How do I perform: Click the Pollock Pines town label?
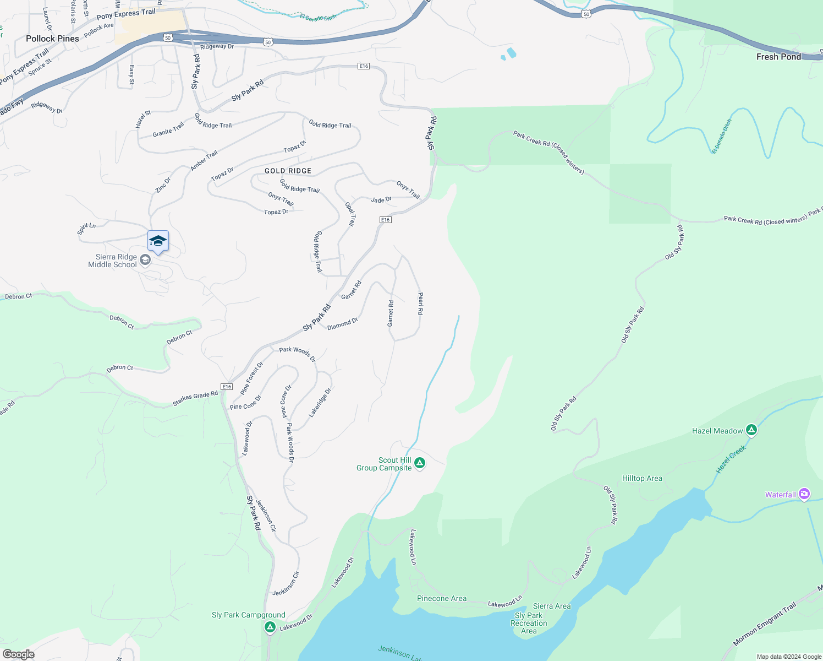pos(52,39)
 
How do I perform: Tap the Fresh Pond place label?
pos(778,57)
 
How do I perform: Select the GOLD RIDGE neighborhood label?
pos(288,171)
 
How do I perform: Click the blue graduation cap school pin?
pos(158,241)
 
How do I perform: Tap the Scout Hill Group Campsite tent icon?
pos(420,463)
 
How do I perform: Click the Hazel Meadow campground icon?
pos(751,430)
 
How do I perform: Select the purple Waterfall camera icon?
pos(804,494)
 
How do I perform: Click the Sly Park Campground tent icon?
pos(270,627)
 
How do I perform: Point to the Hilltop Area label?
pos(642,478)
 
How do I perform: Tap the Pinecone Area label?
pos(441,598)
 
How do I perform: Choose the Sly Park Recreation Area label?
pos(529,623)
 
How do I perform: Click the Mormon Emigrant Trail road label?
pos(764,625)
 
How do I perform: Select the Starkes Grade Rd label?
pos(195,399)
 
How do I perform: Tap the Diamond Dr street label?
pos(342,324)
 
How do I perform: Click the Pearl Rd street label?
pos(420,304)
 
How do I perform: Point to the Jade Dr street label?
pos(381,200)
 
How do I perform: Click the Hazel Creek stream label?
pos(731,459)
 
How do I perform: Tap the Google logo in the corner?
pos(18,654)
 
